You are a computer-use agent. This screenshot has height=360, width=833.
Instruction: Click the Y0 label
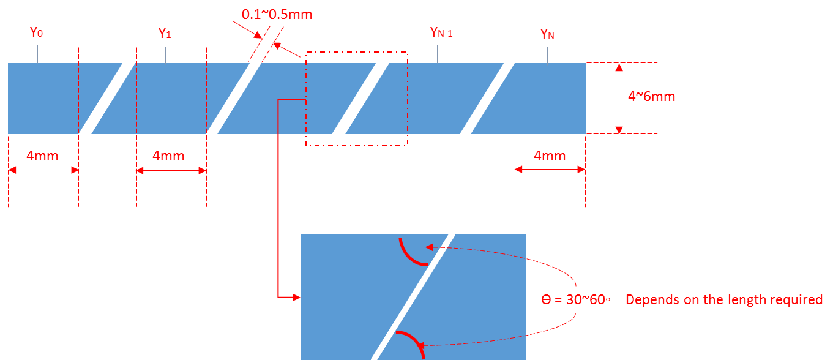pyautogui.click(x=37, y=32)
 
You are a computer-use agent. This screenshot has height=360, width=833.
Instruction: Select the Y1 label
pyautogui.click(x=165, y=34)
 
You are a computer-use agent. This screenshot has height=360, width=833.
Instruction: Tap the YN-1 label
pyautogui.click(x=441, y=32)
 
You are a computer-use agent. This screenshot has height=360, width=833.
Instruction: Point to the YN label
pyautogui.click(x=547, y=34)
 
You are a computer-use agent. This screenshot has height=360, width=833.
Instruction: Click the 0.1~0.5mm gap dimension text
pyautogui.click(x=277, y=14)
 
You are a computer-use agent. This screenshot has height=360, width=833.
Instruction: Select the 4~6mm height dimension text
pyautogui.click(x=651, y=97)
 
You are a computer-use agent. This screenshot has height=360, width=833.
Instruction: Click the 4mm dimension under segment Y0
pyautogui.click(x=42, y=156)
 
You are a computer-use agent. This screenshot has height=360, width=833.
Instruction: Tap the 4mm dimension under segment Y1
pyautogui.click(x=168, y=156)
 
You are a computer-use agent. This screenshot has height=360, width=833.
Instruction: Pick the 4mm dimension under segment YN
pyautogui.click(x=550, y=156)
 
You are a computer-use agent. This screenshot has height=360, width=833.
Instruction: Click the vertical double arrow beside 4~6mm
pyautogui.click(x=619, y=98)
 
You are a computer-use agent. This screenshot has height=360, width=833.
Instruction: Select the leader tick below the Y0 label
pyautogui.click(x=37, y=53)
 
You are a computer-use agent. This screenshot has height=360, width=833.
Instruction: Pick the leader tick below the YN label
pyautogui.click(x=547, y=55)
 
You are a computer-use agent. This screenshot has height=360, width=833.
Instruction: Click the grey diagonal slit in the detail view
pyautogui.click(x=414, y=296)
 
